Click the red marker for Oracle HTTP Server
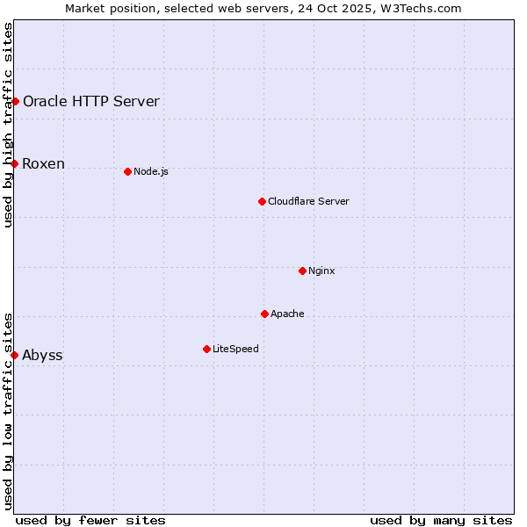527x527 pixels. (x=15, y=101)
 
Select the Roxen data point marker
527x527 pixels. (x=15, y=163)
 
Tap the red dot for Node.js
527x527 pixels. (x=127, y=171)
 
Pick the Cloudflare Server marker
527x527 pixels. (x=262, y=201)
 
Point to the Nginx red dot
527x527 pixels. (x=302, y=271)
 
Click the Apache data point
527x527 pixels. (x=264, y=314)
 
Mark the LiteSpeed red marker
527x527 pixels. (x=206, y=349)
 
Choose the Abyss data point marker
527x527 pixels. (x=15, y=355)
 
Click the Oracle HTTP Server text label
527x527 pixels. (x=91, y=101)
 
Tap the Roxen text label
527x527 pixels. (x=44, y=164)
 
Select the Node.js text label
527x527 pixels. (x=151, y=171)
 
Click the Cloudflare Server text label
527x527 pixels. (x=308, y=201)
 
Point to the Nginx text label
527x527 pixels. (x=321, y=271)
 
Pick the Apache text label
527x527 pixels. (x=287, y=314)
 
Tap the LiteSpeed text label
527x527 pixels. (x=235, y=349)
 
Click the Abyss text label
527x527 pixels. (x=42, y=356)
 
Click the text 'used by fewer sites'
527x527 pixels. (x=90, y=520)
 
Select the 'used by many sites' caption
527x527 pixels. (x=441, y=520)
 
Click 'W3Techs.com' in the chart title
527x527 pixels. (x=425, y=8)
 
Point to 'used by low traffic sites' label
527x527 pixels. (x=9, y=410)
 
